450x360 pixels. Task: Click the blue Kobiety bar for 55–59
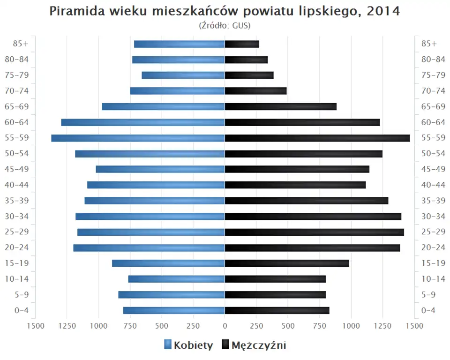tap(138, 138)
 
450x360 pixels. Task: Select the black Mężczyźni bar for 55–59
tap(317, 138)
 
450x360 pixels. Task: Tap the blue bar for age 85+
tap(180, 44)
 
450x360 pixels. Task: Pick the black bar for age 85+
tap(242, 44)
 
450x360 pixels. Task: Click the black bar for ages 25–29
tap(314, 232)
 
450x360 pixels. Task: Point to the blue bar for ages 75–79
tap(183, 75)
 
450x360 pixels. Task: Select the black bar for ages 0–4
tap(277, 310)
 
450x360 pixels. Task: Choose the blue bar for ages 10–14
tap(177, 279)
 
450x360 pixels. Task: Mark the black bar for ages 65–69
tap(281, 106)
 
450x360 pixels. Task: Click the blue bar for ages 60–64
tap(143, 122)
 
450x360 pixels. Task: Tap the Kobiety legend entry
tap(188, 345)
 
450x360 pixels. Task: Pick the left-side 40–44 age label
tap(17, 185)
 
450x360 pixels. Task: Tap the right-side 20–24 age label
tap(433, 247)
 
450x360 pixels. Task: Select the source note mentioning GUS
tap(225, 25)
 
